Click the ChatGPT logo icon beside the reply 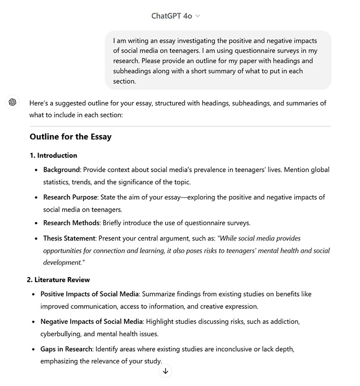tap(13, 102)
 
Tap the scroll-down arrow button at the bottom tap(166, 371)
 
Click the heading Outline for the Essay tap(70, 137)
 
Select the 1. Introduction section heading tap(53, 156)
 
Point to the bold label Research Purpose tap(70, 197)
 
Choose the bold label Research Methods tap(70, 223)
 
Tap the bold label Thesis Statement tap(69, 238)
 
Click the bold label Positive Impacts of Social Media tap(89, 294)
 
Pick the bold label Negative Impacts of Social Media tap(92, 322)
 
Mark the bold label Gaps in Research tap(66, 349)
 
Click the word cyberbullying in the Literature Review tap(62, 334)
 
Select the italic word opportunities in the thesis tap(63, 251)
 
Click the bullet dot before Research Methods tap(37, 224)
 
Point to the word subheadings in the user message tap(132, 71)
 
